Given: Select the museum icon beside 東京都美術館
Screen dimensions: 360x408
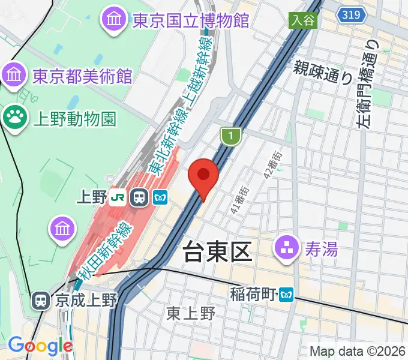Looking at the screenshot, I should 13,76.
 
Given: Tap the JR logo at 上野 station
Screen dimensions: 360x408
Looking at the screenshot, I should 119,197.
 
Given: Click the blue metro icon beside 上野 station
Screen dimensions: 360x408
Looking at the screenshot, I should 160,197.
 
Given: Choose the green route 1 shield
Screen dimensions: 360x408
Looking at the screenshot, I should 230,137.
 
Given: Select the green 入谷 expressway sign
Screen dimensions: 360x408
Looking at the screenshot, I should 304,20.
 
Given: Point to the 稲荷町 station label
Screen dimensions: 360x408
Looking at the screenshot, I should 253,294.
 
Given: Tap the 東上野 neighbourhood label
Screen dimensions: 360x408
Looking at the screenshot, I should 191,313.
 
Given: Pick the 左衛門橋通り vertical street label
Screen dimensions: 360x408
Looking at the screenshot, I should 368,84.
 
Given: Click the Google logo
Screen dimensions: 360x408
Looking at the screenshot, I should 40,346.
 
